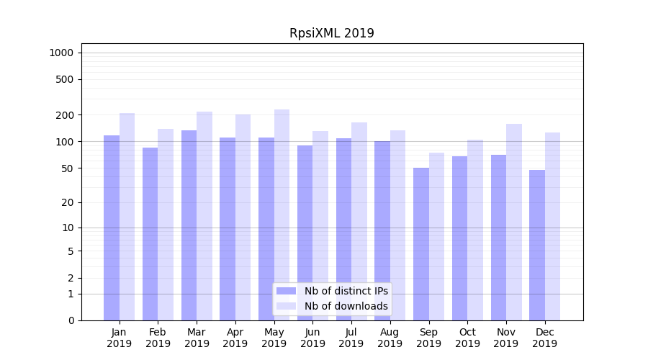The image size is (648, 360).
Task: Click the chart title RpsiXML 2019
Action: [x=331, y=33]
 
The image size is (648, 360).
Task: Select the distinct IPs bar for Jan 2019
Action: [x=112, y=228]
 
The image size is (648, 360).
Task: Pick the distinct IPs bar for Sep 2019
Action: [x=421, y=244]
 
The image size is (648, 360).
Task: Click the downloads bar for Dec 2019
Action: [x=552, y=226]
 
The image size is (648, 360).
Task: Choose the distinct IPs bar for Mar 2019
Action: [x=189, y=225]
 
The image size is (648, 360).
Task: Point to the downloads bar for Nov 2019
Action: [x=513, y=222]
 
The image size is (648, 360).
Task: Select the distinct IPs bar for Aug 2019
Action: [x=382, y=230]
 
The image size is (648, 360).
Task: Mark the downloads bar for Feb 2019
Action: [x=166, y=225]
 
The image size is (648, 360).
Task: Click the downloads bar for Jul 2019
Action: [x=359, y=221]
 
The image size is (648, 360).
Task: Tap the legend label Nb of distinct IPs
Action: [x=346, y=291]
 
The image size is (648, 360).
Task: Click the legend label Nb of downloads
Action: [x=346, y=306]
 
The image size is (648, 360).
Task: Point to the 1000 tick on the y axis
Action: [x=61, y=53]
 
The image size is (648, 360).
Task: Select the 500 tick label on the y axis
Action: [x=65, y=79]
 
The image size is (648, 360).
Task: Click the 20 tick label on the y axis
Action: [x=67, y=202]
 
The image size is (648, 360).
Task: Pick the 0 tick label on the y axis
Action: [x=71, y=320]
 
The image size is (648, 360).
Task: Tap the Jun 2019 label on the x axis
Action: [x=312, y=338]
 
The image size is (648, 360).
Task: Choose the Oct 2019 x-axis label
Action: [x=467, y=338]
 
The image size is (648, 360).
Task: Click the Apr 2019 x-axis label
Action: [x=235, y=338]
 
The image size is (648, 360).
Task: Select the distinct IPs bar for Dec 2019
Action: [x=537, y=245]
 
